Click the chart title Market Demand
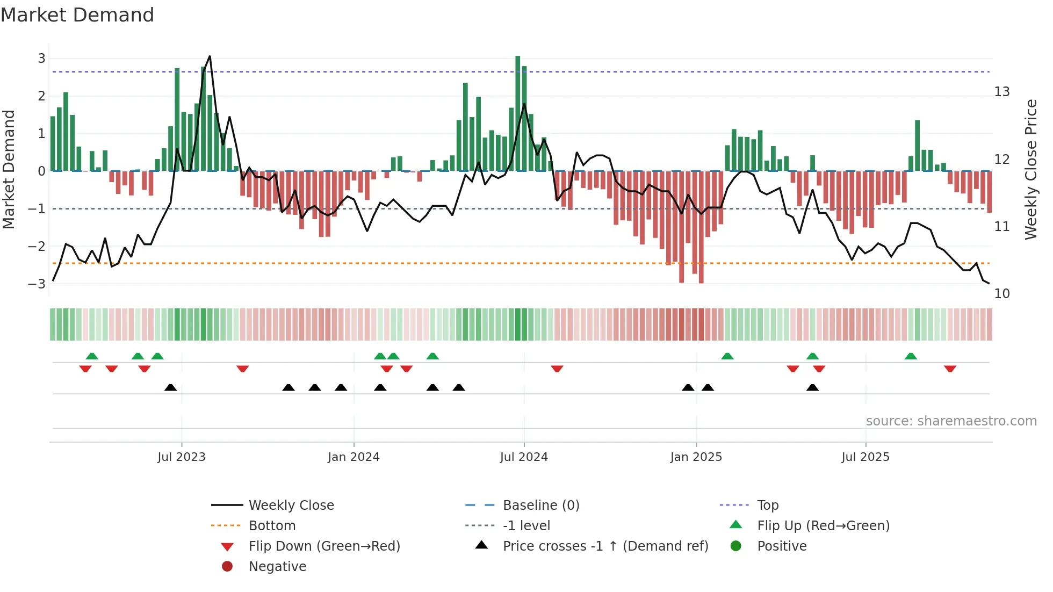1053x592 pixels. (77, 15)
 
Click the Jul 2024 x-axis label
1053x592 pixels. (524, 457)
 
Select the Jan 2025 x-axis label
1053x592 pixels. (696, 457)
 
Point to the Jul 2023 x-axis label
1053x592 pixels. (182, 457)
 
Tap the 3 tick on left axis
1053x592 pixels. (41, 58)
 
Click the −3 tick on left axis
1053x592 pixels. (38, 284)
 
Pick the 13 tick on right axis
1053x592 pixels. (1001, 92)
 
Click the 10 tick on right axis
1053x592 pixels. (1001, 293)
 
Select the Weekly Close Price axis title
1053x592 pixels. (1030, 169)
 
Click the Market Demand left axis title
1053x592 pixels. (9, 169)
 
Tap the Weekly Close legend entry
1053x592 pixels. (291, 505)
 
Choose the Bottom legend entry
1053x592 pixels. (272, 525)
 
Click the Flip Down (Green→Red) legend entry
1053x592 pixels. (324, 546)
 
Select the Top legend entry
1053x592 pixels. (768, 505)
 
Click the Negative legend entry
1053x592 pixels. (277, 566)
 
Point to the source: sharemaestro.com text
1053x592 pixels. (951, 421)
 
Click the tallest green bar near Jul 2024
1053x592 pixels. (518, 113)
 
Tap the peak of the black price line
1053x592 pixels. (210, 56)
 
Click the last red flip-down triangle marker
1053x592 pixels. (950, 369)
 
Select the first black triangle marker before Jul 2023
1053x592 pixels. (170, 387)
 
